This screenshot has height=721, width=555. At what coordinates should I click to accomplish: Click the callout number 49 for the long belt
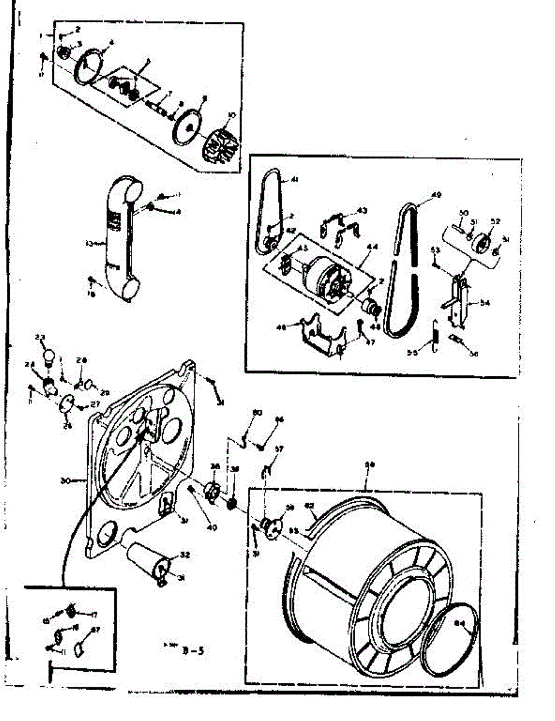pos(436,195)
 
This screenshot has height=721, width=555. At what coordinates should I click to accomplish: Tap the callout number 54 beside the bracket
pos(485,304)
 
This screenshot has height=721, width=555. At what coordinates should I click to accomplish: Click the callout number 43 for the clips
pos(362,210)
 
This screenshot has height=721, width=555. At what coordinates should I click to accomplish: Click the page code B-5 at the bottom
pos(196,648)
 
